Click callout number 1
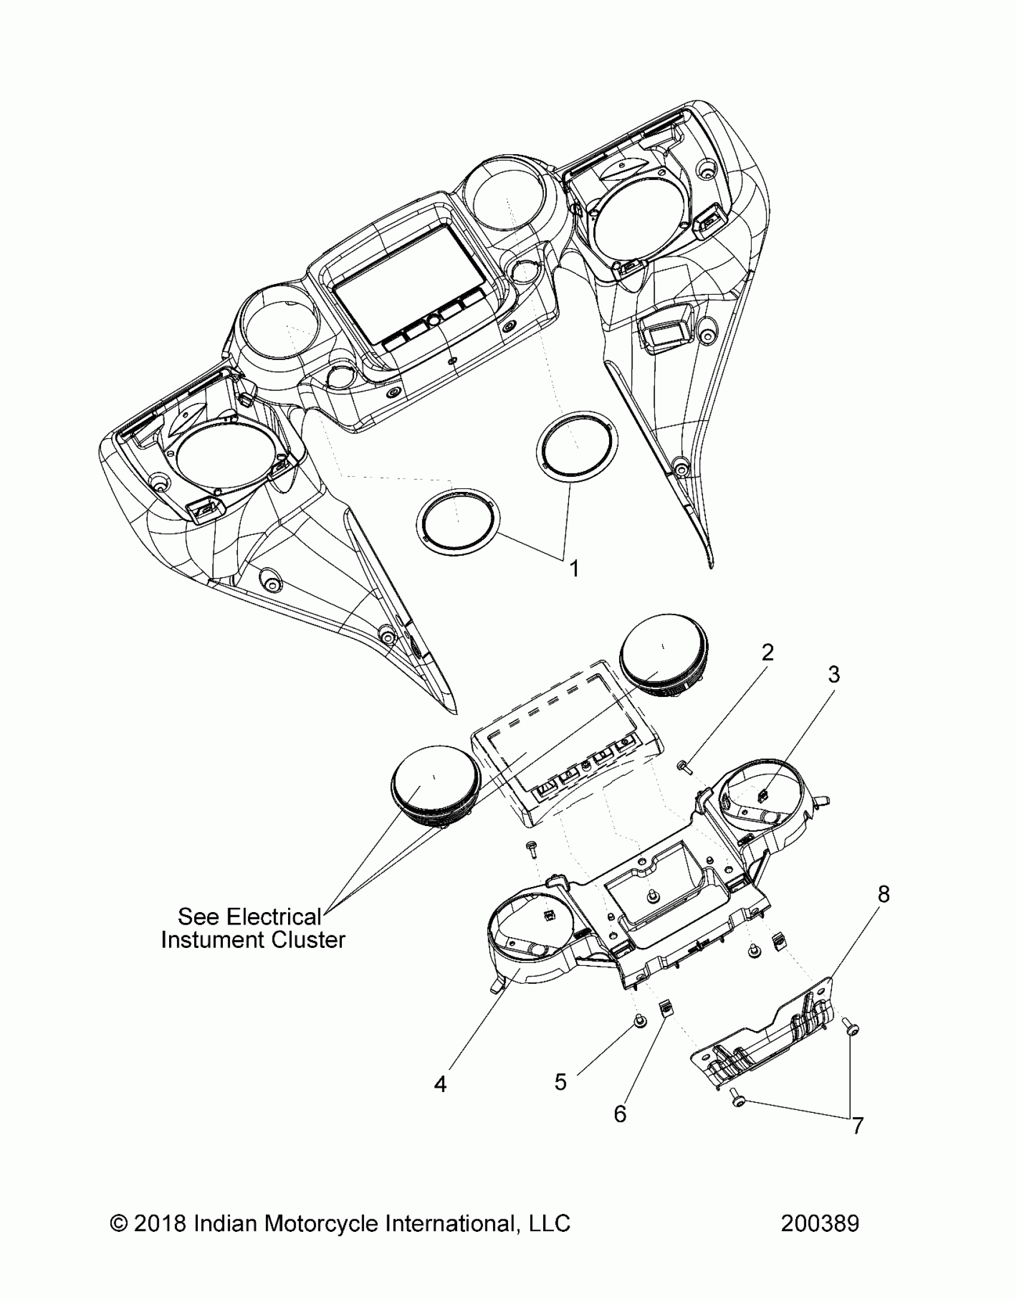tap(574, 569)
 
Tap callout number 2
tap(767, 652)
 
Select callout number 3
tap(834, 675)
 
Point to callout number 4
tap(440, 1084)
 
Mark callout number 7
tap(858, 1126)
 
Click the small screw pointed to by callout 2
tap(683, 764)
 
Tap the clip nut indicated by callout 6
tap(664, 1009)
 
